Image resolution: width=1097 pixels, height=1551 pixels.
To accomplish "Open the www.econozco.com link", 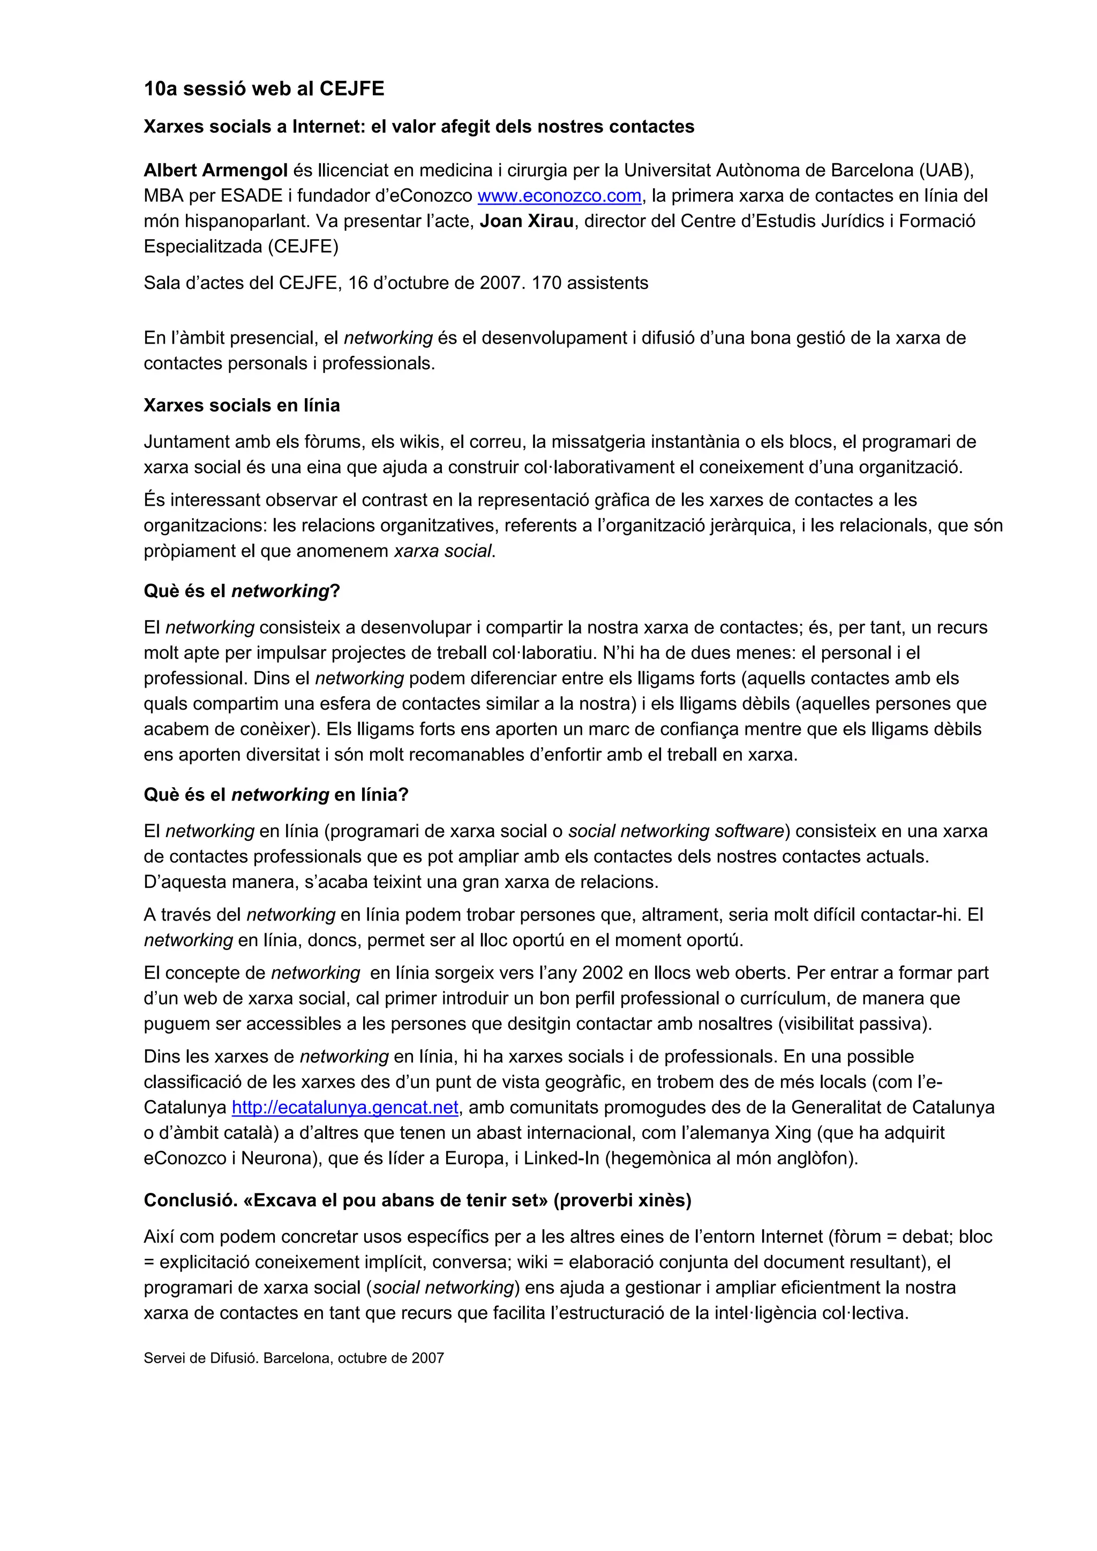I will click(x=559, y=196).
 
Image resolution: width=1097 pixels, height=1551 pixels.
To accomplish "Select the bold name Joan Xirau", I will click(x=527, y=222).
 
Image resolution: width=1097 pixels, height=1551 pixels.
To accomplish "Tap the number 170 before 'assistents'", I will click(x=546, y=283).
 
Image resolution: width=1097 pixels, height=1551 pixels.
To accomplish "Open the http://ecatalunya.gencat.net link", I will click(x=345, y=1108).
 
